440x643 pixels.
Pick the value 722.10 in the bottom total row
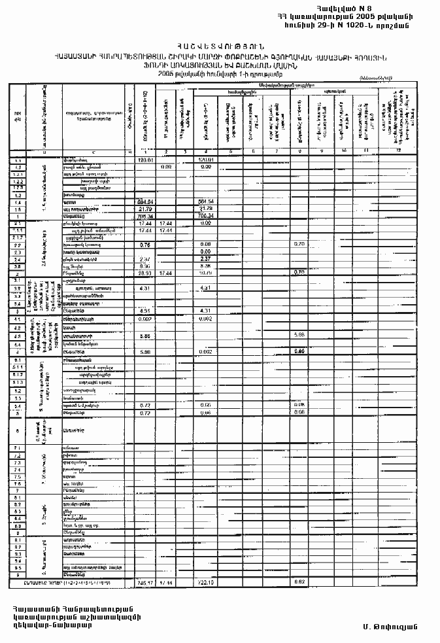[x=207, y=582]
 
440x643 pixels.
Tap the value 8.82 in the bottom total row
[x=301, y=582]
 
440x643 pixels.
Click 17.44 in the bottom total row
[x=166, y=582]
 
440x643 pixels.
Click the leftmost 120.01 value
[x=144, y=160]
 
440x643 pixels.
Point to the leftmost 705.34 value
[x=144, y=215]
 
